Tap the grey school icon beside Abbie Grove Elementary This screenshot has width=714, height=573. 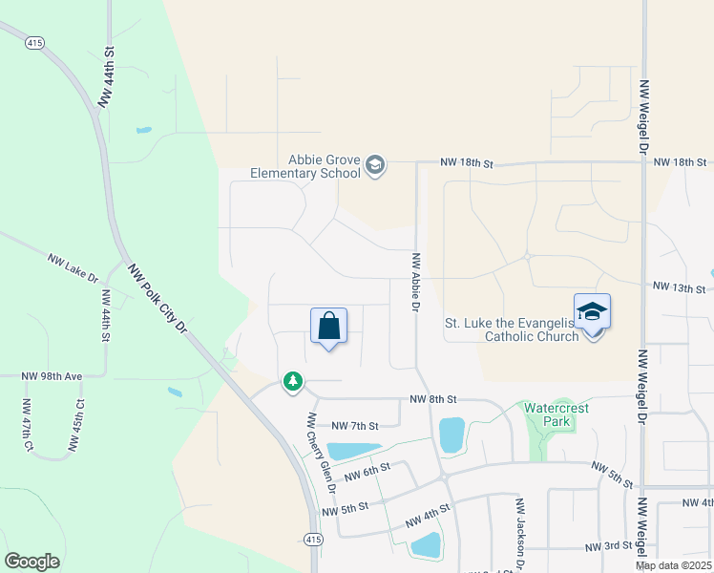point(375,166)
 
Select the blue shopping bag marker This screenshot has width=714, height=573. point(328,327)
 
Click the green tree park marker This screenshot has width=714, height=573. point(292,382)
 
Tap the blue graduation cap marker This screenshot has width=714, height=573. point(592,313)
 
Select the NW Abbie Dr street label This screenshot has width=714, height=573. point(416,282)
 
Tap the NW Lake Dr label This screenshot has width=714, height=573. point(73,267)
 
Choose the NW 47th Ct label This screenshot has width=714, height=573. point(29,424)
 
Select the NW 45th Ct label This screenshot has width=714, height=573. point(75,424)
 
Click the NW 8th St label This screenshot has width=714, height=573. point(434,399)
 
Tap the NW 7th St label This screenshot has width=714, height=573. point(354,425)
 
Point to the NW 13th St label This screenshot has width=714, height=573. point(679,286)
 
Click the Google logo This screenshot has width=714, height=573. point(31,562)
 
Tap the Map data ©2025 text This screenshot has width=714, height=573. point(674,565)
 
